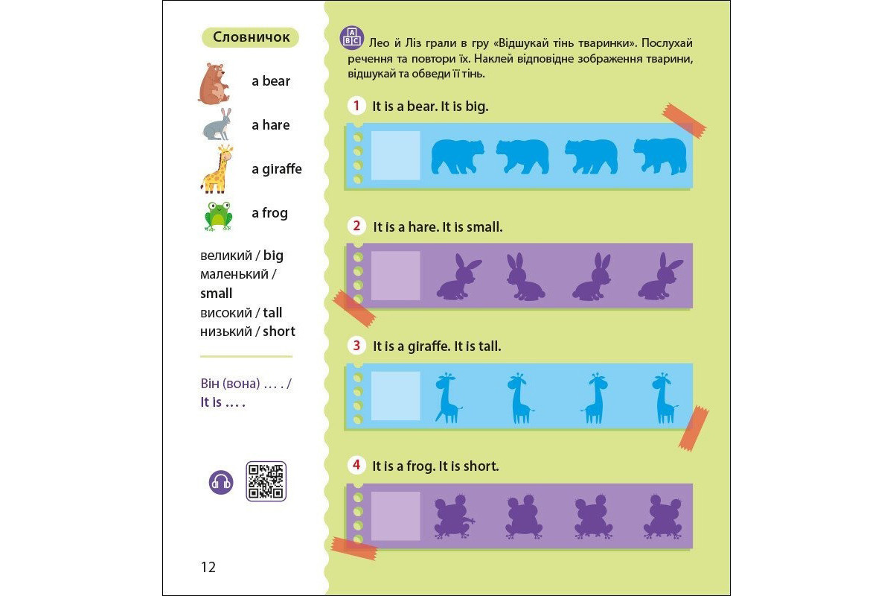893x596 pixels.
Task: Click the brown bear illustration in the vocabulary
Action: pos(214,83)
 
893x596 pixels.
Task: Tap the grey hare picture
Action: pos(217,124)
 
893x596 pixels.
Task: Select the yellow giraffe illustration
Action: pos(217,169)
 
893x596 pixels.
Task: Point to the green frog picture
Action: pos(217,216)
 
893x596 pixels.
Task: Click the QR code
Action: pos(266,481)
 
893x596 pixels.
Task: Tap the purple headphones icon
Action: pos(221,482)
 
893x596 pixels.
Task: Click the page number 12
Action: pos(208,567)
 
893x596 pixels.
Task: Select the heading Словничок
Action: pos(251,37)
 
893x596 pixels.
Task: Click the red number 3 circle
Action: pos(356,345)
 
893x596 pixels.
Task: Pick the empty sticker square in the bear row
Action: pos(395,155)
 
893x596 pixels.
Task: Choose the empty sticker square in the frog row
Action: pos(395,516)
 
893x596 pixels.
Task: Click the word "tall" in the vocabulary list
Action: pos(272,312)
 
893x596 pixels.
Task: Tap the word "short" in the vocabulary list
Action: pos(279,331)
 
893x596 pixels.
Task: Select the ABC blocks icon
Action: pos(351,38)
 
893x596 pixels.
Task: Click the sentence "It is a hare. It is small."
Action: pos(438,226)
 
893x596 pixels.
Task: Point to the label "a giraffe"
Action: pos(277,169)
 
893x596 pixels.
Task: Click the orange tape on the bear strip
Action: pos(684,121)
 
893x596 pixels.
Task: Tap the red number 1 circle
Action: pos(356,106)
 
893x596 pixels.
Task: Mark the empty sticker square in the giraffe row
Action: pos(395,396)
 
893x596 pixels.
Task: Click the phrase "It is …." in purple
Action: pos(223,402)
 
